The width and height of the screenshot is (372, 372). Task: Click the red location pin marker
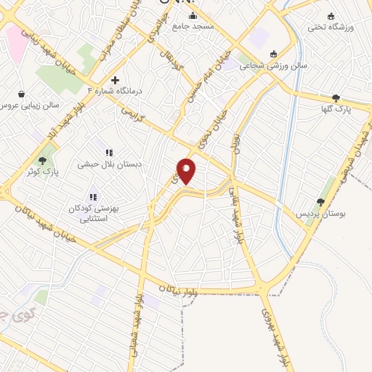pos(187,171)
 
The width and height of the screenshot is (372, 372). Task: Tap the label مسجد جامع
pos(193,27)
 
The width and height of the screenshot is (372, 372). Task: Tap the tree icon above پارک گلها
pos(336,98)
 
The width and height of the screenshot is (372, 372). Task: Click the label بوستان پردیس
pos(320,214)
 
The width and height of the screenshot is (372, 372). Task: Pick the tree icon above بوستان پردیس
pos(320,202)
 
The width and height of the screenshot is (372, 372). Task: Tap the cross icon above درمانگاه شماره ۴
pos(115,79)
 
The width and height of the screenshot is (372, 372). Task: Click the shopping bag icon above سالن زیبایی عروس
pos(22,94)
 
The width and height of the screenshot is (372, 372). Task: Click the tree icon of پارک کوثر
pos(43,160)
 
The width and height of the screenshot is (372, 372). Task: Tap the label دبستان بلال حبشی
pos(108,164)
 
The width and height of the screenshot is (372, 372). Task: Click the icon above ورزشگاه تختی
pos(331,17)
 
